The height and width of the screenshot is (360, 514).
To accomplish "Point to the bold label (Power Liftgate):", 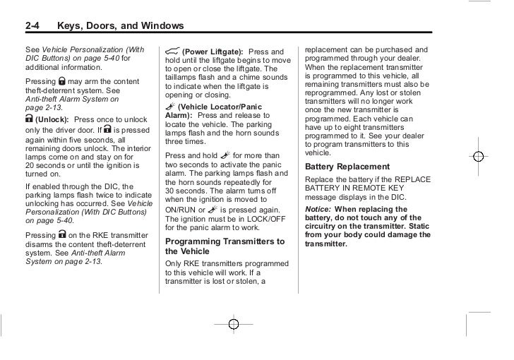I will pos(213,52).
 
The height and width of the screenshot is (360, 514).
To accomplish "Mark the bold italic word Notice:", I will pos(318,210).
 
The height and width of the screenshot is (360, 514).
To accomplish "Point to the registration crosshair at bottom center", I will pos(234,324).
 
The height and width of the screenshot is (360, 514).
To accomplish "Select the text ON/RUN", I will pos(181,210).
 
